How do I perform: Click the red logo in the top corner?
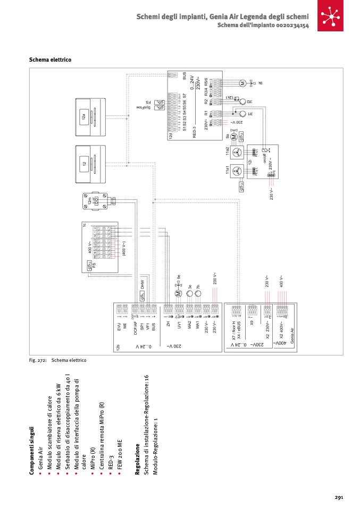332,16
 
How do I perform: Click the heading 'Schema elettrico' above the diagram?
50,60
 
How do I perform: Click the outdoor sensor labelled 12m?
98,201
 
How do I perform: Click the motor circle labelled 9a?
233,137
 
